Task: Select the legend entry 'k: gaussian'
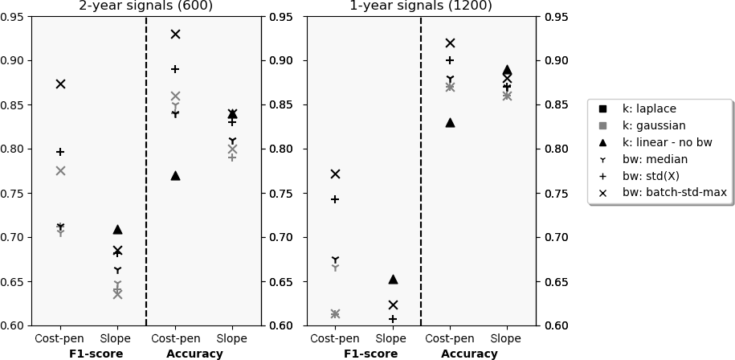653,125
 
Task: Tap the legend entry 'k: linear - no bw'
667,142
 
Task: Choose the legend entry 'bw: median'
655,159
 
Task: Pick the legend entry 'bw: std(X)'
651,176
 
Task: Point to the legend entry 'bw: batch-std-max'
674,193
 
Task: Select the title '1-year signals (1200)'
421,6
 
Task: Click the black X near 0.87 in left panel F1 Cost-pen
60,84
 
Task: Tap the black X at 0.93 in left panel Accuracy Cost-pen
175,34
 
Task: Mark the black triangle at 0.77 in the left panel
175,175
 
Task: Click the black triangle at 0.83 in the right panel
450,122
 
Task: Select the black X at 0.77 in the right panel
335,174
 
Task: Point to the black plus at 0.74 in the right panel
335,199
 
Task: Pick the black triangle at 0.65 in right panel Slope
393,279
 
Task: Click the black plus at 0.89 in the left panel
175,69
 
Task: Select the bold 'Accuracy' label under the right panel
469,354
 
